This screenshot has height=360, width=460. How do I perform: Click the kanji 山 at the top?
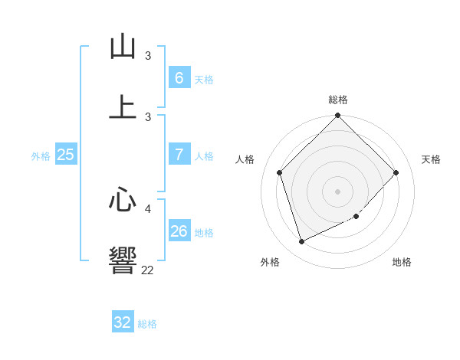(x=123, y=47)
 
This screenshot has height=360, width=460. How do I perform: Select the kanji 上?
(x=123, y=107)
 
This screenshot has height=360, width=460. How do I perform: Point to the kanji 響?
(x=123, y=260)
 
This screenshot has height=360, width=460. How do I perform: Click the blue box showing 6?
(x=179, y=77)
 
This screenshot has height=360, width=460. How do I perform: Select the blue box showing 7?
(x=179, y=154)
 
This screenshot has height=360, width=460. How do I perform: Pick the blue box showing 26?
(x=179, y=231)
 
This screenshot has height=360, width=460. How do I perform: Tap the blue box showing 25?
(x=66, y=154)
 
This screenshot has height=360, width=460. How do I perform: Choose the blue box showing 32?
(x=123, y=322)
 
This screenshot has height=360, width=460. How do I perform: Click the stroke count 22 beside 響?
(x=147, y=270)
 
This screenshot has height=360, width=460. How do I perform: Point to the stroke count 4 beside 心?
(x=148, y=208)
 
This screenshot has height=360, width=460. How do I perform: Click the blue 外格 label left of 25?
(x=41, y=155)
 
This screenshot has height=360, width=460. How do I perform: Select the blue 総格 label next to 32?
(x=147, y=324)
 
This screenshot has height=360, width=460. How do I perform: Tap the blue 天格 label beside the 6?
(x=204, y=79)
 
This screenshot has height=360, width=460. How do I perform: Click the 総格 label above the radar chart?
(x=338, y=100)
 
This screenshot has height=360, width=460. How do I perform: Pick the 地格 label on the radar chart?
(x=402, y=262)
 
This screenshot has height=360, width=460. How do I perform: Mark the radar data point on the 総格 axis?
(x=338, y=116)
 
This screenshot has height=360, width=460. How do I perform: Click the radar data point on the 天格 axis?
(x=396, y=172)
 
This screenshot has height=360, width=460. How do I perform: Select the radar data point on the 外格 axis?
(x=301, y=242)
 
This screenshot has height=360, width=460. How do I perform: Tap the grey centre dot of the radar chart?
(x=338, y=191)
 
